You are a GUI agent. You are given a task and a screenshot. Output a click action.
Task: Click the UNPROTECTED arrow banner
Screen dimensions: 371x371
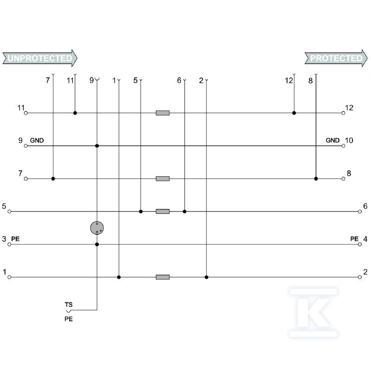coord(40,58)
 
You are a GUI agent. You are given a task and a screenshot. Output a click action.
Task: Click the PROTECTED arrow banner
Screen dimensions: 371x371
coord(336,58)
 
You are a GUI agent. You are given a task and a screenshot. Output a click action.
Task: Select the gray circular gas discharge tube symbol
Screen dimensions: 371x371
coord(97,228)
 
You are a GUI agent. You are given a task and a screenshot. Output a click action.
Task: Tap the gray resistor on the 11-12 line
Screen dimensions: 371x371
coord(163,113)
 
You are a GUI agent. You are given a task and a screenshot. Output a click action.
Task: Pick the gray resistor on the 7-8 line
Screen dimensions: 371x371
coord(163,179)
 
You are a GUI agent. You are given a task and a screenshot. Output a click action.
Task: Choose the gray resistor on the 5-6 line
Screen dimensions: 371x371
coord(163,211)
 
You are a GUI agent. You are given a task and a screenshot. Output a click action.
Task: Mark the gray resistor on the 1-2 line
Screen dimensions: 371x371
coord(163,277)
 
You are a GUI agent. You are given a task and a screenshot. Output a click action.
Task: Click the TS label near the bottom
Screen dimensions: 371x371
coord(69,305)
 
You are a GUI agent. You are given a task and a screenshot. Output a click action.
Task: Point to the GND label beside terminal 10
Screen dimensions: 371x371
coord(333,141)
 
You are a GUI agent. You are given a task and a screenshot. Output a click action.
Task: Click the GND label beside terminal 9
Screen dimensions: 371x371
coord(37,141)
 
